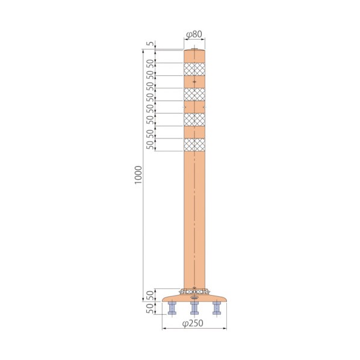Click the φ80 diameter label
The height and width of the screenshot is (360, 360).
[194, 34]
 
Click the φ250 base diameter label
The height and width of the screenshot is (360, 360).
[193, 323]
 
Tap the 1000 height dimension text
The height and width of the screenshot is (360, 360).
[138, 175]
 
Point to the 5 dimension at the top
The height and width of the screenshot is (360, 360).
[150, 43]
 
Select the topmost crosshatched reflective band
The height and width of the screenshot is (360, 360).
[194, 69]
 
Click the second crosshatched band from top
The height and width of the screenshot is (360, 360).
[194, 95]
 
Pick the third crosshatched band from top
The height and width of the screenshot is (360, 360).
[194, 120]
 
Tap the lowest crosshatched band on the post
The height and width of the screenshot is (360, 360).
[194, 144]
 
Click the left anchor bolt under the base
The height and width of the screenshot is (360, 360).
[172, 308]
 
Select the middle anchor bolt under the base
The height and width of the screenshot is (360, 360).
[194, 308]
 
